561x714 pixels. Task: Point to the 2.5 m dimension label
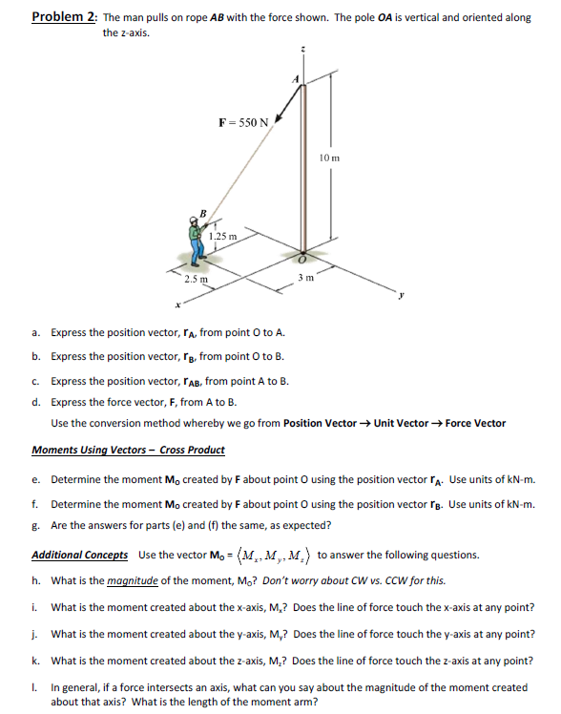[196, 279]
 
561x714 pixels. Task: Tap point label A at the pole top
[297, 80]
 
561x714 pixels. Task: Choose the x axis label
[177, 304]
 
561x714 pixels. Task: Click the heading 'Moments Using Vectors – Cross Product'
[129, 450]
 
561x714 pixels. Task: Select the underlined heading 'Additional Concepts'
[80, 555]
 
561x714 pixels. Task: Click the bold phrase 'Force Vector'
[475, 423]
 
